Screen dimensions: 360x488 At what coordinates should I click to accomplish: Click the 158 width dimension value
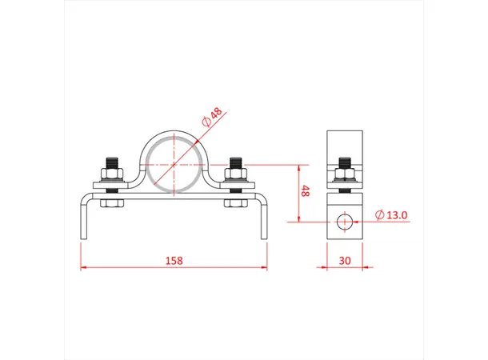click(x=174, y=260)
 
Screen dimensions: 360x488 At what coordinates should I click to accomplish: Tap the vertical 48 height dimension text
click(x=305, y=192)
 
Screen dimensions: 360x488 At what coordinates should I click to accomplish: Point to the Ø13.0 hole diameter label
click(x=392, y=214)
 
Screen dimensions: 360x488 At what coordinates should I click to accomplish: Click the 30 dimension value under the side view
click(x=344, y=260)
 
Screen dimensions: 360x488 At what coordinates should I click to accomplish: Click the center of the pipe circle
click(x=174, y=165)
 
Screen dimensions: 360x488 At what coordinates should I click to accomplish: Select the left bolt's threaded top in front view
click(x=110, y=161)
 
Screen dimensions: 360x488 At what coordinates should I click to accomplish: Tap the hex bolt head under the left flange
click(x=110, y=205)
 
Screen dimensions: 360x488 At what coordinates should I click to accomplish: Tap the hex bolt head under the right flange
click(x=236, y=205)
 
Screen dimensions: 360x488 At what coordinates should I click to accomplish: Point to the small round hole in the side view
click(x=344, y=220)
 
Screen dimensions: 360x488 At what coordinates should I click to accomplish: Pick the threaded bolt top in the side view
click(x=344, y=162)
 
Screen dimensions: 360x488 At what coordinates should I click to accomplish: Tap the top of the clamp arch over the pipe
click(x=174, y=132)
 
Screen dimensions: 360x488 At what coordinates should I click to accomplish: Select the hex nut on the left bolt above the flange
click(x=110, y=174)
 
